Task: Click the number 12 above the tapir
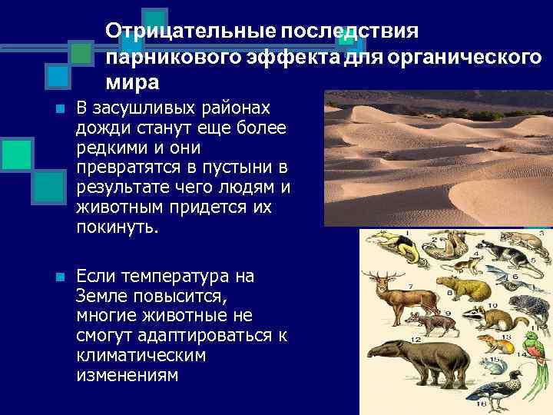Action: (x=414, y=337)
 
